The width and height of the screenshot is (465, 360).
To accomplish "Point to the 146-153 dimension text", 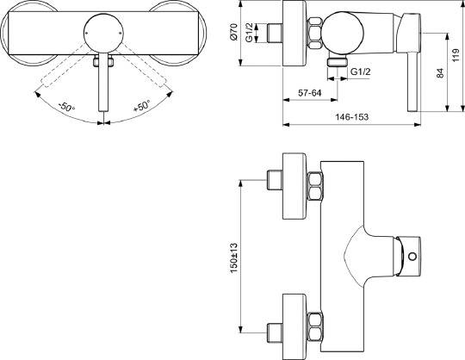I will tap(356, 116).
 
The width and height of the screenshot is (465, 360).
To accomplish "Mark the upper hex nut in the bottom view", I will tap(313, 184).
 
